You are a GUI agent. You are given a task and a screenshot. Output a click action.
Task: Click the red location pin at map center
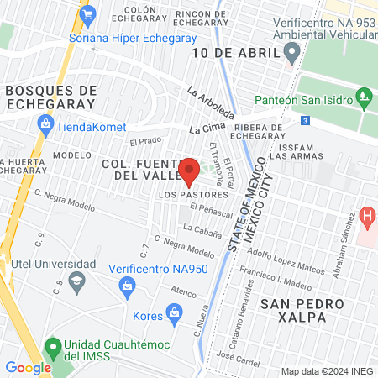point(189,168)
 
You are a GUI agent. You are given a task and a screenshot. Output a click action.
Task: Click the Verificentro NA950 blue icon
point(127,287)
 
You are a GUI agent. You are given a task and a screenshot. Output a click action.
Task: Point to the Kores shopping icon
point(175,316)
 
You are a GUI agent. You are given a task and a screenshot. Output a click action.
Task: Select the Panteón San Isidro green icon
point(364,99)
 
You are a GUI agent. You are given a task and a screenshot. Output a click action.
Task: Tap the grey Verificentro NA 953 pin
point(291,54)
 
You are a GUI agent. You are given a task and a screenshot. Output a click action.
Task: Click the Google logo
point(28,367)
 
